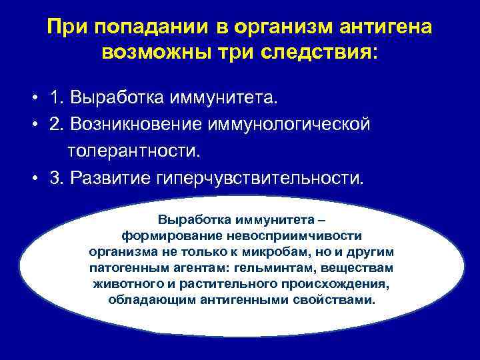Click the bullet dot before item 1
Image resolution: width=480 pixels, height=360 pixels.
33,99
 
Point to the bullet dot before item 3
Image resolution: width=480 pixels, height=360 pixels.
33,179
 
